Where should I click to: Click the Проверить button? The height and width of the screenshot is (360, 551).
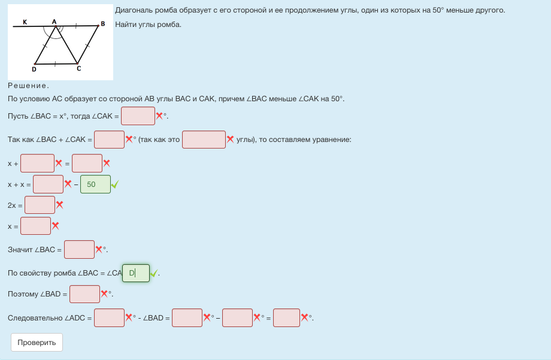pos(37,342)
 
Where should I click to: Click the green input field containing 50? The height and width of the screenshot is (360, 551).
pos(95,184)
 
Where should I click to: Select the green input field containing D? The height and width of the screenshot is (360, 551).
pos(136,273)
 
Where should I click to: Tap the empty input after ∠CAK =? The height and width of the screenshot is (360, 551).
pos(138,116)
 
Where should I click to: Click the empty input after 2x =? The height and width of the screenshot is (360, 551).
pos(40,205)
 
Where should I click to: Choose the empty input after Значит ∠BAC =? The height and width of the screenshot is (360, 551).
pos(79,249)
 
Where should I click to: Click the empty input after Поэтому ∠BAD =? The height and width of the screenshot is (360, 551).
pos(84,294)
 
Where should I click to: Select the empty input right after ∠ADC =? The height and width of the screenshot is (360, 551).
pos(109,317)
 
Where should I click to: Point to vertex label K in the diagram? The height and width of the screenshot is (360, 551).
pos(25,22)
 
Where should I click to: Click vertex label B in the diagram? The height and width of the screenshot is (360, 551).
pos(103,23)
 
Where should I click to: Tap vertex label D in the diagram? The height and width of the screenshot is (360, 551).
pos(34,69)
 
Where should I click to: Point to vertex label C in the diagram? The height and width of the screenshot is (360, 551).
pos(78,69)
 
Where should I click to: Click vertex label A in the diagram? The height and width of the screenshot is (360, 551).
pos(54,21)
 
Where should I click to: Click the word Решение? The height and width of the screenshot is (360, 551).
pos(28,86)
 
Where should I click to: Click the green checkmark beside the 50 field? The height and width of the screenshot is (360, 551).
pos(115,184)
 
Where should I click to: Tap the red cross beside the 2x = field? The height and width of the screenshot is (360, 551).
pos(59,205)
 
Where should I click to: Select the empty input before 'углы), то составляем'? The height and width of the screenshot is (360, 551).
pos(204,140)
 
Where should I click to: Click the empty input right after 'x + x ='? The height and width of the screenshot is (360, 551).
pos(48,184)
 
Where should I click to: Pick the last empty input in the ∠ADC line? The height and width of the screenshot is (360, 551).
pos(286,317)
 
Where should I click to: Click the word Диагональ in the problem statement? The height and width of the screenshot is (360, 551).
pos(133,11)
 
